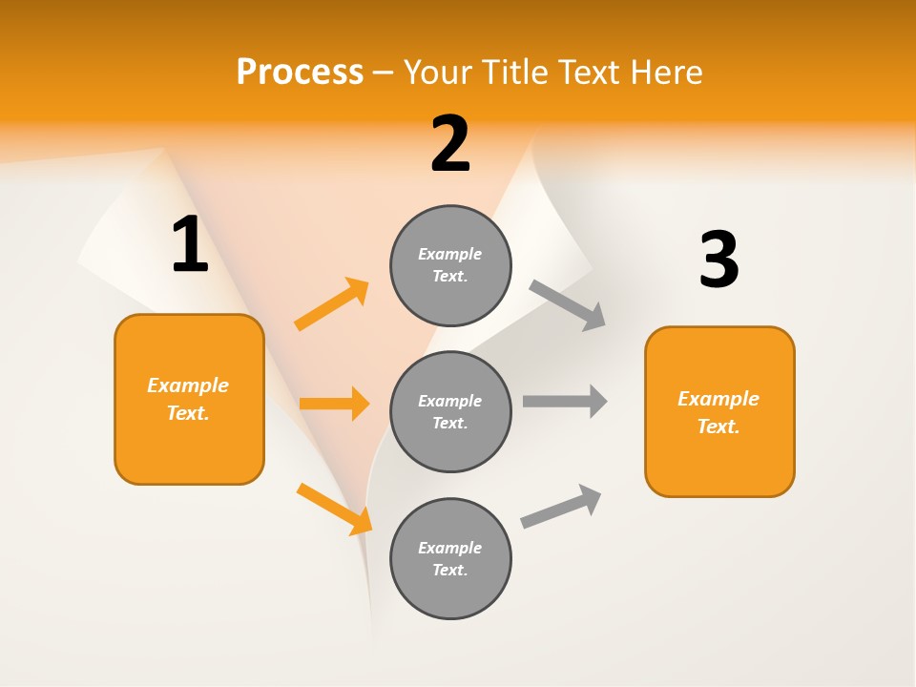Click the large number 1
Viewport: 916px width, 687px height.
[x=190, y=245]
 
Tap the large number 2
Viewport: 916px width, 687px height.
[x=450, y=144]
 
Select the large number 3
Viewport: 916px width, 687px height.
[x=718, y=260]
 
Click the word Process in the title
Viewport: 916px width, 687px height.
[x=300, y=72]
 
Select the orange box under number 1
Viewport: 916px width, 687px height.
[x=189, y=399]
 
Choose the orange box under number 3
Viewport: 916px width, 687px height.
[x=719, y=411]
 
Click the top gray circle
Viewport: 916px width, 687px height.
[x=450, y=265]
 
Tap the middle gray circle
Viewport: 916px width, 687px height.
[x=450, y=411]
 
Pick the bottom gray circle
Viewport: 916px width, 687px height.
[x=450, y=558]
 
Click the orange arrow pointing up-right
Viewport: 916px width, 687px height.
[x=332, y=304]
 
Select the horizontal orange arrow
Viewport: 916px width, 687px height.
[x=334, y=404]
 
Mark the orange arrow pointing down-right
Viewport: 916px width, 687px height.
[x=335, y=509]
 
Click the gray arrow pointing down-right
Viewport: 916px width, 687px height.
[x=568, y=305]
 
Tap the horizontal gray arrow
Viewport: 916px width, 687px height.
[x=565, y=401]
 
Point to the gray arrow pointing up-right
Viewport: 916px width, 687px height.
[x=561, y=506]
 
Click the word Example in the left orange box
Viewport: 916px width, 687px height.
[x=188, y=385]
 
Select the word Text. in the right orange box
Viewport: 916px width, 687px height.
[x=718, y=427]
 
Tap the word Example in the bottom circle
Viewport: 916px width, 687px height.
[x=450, y=548]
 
